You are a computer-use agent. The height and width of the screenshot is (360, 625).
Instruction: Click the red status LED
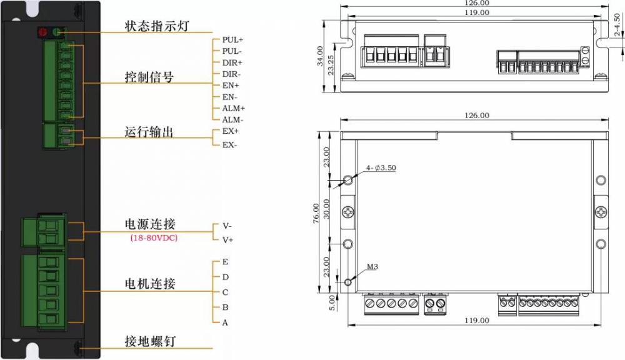42,32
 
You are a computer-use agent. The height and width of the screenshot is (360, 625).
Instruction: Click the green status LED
57,32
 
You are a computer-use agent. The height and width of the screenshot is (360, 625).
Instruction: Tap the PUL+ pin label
232,40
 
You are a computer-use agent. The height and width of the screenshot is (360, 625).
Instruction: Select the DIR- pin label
232,74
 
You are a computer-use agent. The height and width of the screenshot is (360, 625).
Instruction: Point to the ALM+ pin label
234,109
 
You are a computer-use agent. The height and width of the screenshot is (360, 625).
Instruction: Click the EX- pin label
229,145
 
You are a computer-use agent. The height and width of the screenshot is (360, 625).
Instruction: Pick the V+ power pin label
227,240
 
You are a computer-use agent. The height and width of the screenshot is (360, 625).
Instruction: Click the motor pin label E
225,262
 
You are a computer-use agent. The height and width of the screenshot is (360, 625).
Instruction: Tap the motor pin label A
225,322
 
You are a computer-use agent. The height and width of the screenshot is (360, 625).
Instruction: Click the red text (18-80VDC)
154,238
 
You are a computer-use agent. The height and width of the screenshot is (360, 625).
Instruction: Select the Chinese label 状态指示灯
157,26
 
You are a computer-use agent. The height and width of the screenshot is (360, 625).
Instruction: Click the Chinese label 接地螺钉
150,341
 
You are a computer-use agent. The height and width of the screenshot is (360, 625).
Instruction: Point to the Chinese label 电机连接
150,284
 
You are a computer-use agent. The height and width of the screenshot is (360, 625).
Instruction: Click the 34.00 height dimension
320,56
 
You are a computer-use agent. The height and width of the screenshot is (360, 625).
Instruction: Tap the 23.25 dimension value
331,65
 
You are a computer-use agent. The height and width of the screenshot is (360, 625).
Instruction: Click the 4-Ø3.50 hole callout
381,168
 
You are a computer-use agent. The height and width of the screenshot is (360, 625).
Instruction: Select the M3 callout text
372,267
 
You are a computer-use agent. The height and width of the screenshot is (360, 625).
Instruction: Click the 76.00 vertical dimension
316,213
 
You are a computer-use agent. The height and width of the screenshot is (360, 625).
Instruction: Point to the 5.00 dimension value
332,303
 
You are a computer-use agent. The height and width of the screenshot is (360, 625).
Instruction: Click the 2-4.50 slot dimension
617,25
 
